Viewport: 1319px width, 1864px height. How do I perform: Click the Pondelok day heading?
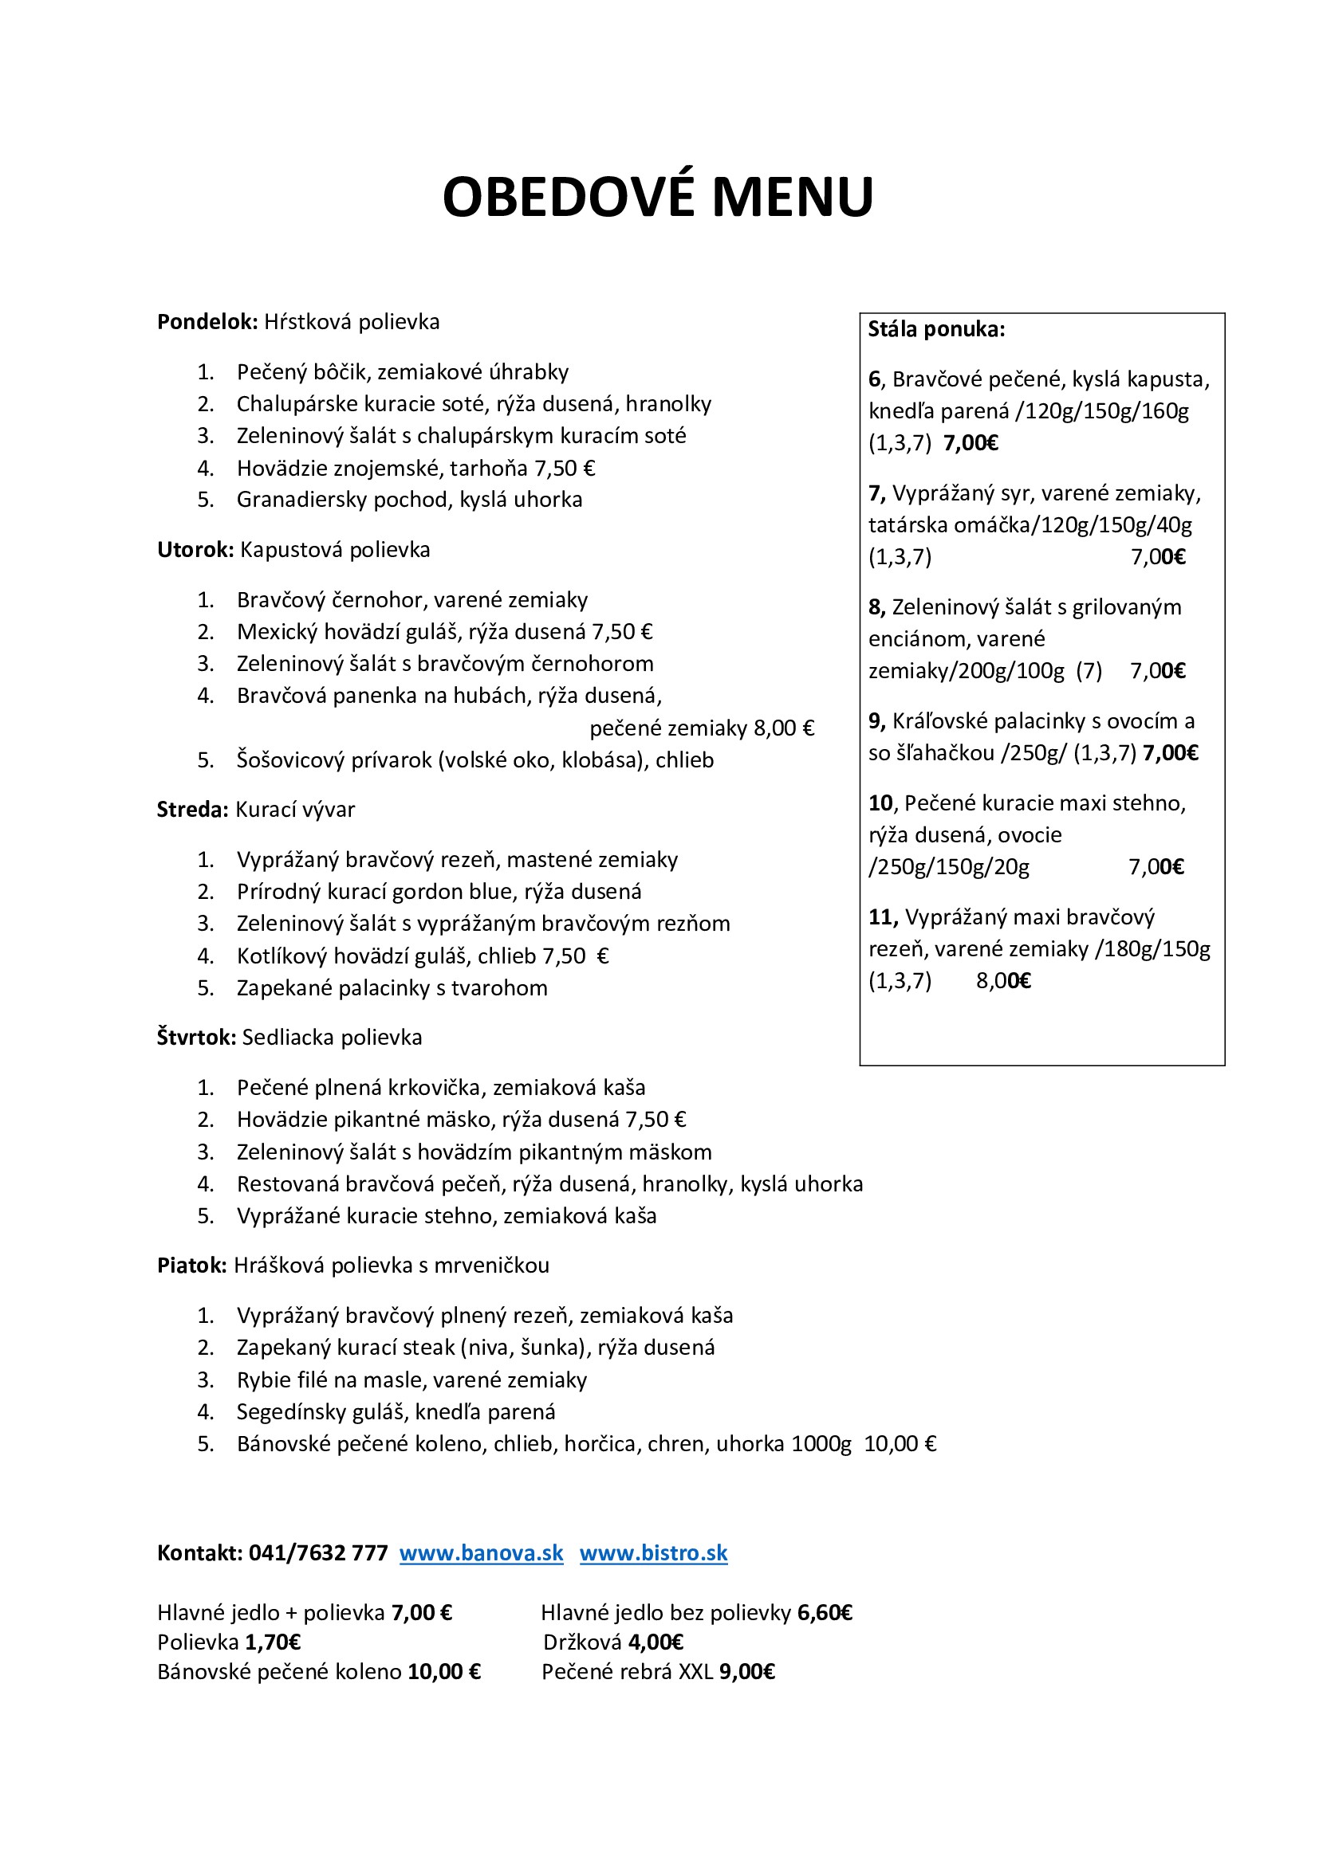tap(207, 322)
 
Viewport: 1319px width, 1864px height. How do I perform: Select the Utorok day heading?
tap(195, 551)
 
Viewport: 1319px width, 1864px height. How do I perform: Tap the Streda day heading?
tap(192, 810)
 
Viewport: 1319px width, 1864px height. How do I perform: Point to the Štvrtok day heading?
tap(195, 1038)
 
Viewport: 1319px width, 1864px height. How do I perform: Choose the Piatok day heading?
tap(191, 1266)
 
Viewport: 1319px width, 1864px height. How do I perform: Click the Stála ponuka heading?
tap(935, 330)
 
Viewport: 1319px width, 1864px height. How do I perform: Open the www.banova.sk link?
tap(481, 1553)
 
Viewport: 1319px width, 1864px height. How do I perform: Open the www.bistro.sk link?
tap(653, 1553)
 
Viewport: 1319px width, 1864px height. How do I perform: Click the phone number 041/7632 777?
tap(317, 1553)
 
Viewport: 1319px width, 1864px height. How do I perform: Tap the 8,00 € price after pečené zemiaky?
tap(783, 728)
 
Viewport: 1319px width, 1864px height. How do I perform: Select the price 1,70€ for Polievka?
tap(273, 1642)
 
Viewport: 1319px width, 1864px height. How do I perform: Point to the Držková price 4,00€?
tap(656, 1642)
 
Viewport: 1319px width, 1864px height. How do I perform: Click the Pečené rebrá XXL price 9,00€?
tap(746, 1672)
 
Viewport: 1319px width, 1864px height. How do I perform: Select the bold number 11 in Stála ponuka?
tap(880, 917)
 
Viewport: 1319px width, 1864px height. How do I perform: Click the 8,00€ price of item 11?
tap(1003, 982)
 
